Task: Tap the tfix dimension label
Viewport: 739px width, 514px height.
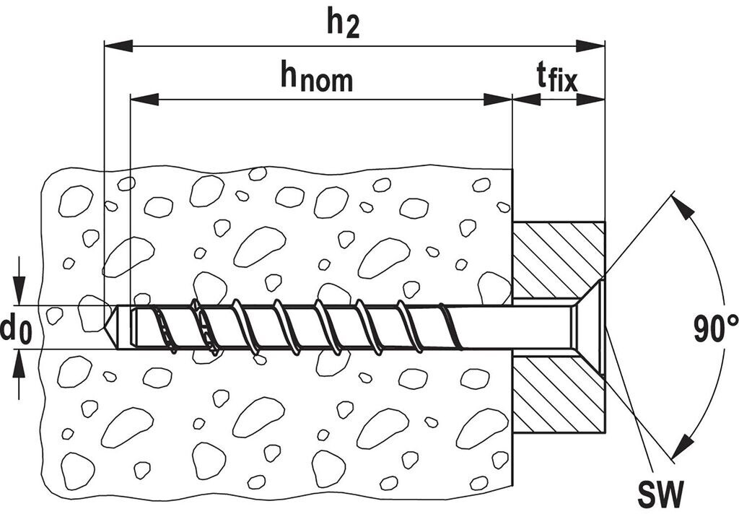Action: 556,77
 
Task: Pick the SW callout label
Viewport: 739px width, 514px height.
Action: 660,495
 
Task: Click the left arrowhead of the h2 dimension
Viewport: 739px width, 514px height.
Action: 119,46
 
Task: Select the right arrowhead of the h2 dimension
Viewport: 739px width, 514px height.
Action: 590,46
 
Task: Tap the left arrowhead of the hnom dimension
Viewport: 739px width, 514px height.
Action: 144,99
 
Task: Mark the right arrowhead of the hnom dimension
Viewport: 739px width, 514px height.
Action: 497,99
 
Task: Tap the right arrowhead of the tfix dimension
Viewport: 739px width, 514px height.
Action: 590,99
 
